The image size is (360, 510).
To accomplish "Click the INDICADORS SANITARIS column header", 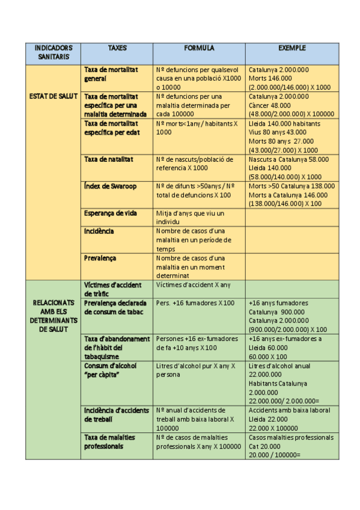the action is pyautogui.click(x=53, y=53).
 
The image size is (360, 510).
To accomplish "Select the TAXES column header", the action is pyautogui.click(x=117, y=48).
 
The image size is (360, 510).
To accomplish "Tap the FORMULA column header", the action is pyautogui.click(x=199, y=48).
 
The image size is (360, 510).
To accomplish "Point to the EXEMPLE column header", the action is pyautogui.click(x=292, y=48).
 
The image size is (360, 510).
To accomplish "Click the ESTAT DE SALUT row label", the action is pyautogui.click(x=53, y=96).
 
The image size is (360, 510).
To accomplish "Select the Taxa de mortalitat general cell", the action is pyautogui.click(x=112, y=74).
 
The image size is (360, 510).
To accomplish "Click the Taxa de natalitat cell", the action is pyautogui.click(x=109, y=159).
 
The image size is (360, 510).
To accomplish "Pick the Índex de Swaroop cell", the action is pyautogui.click(x=111, y=186).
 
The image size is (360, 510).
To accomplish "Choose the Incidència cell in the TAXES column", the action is pyautogui.click(x=99, y=232).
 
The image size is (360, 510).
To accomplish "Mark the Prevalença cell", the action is pyautogui.click(x=100, y=258).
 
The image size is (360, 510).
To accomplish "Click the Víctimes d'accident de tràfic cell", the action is pyautogui.click(x=114, y=289).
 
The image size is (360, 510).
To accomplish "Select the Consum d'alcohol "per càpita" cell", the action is pyautogui.click(x=111, y=370).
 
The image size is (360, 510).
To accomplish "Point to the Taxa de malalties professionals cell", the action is pyautogui.click(x=109, y=442).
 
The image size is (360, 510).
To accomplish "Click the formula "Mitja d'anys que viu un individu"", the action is pyautogui.click(x=190, y=218).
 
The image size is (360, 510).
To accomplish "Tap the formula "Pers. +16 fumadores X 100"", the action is pyautogui.click(x=195, y=303).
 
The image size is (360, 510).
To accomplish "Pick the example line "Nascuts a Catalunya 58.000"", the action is pyautogui.click(x=288, y=159).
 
